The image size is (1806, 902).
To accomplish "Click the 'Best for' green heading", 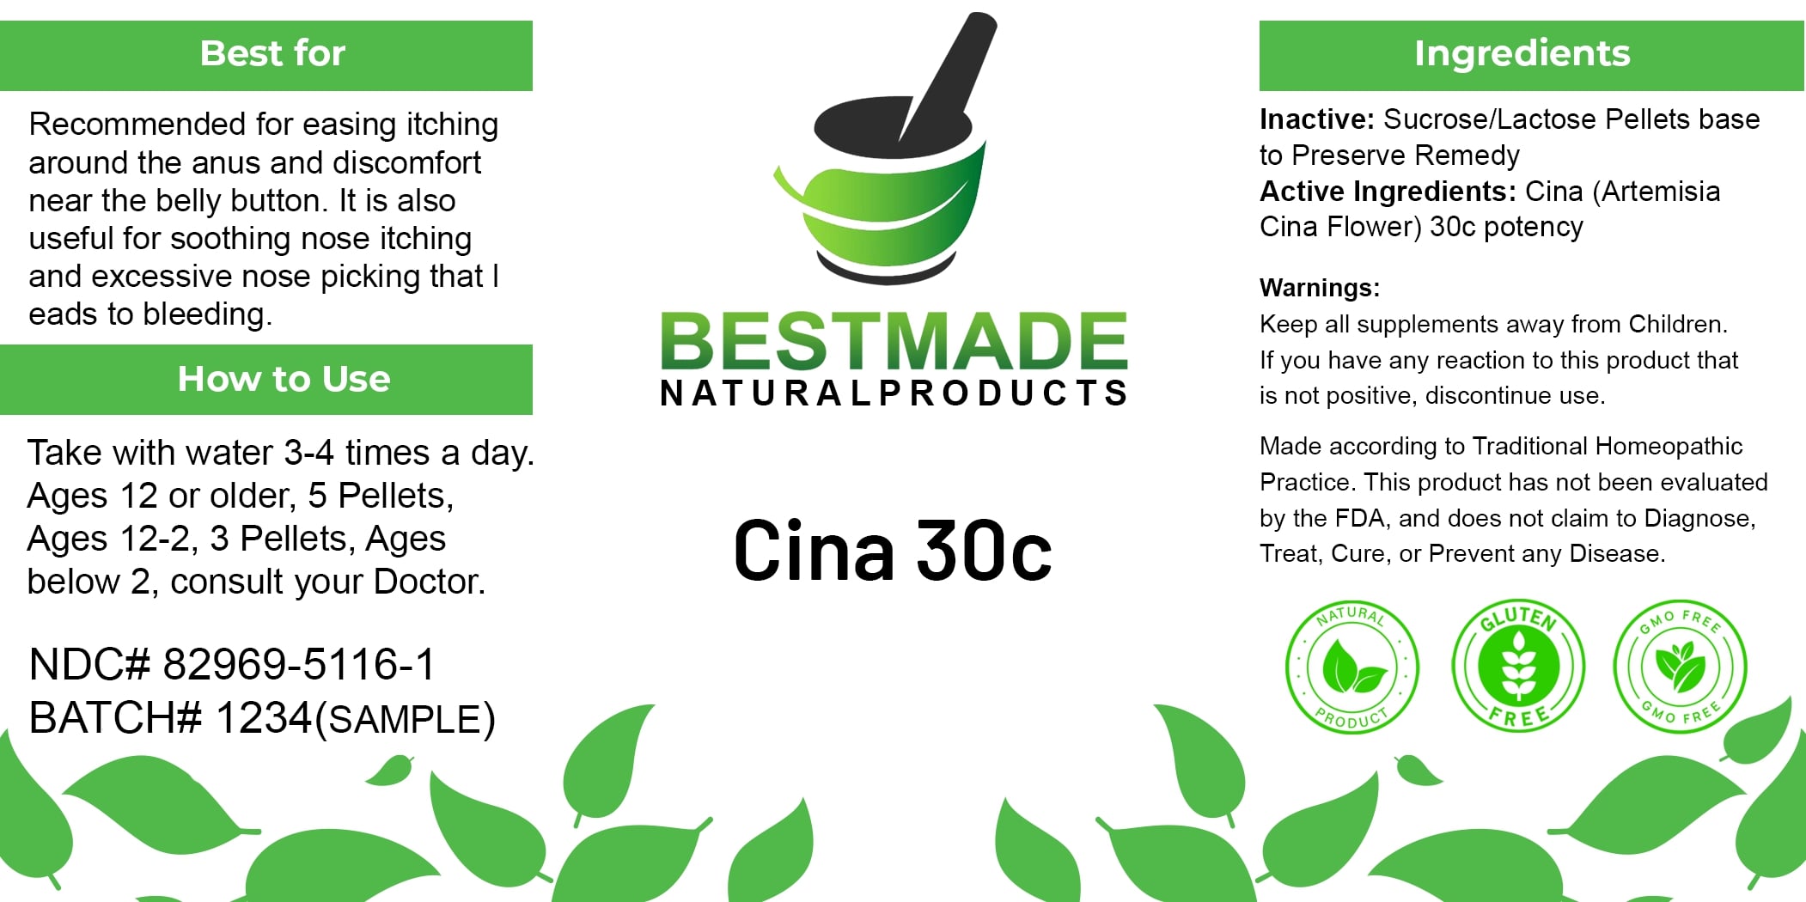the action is click(272, 54).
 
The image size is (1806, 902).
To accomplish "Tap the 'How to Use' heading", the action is click(284, 379).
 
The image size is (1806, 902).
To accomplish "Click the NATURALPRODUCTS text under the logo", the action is click(894, 393).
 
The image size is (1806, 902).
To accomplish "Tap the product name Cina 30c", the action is click(893, 551).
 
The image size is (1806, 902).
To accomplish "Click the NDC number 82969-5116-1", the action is click(299, 664).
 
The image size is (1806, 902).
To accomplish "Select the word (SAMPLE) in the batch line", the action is click(406, 720).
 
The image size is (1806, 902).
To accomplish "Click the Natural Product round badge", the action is click(1352, 667).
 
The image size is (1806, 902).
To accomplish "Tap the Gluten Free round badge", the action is click(1518, 666).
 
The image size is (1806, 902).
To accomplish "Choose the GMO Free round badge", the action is click(1681, 666).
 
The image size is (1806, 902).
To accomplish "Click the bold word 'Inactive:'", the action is click(1317, 119).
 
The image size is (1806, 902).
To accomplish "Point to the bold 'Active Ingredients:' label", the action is click(1388, 192).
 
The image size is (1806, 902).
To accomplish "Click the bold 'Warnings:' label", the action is click(1320, 288).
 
